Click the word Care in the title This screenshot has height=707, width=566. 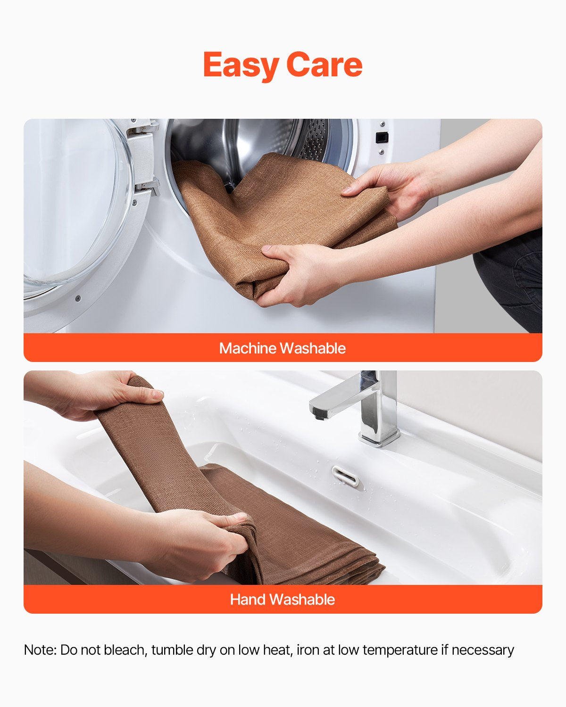click(x=325, y=65)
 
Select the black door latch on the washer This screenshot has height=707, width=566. click(x=382, y=137)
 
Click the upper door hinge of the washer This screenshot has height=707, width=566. click(x=144, y=129)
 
